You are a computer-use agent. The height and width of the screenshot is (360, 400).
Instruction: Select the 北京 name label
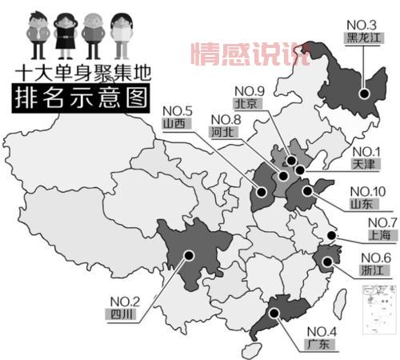click(x=246, y=104)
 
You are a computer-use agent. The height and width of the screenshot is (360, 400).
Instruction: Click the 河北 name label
click(x=222, y=133)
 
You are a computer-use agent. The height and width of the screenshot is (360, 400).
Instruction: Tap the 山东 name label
click(x=362, y=203)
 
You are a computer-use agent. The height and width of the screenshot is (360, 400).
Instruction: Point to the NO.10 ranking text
click(x=366, y=190)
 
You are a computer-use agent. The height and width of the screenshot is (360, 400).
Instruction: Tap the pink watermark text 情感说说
click(x=247, y=54)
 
